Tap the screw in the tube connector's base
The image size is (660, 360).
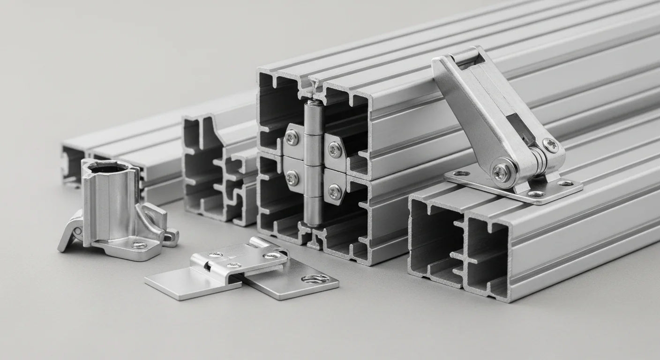point(139,245)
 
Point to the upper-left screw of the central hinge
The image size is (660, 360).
point(292,137)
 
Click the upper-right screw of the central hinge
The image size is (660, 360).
point(335,150)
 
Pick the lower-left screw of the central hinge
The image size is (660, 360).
point(292,178)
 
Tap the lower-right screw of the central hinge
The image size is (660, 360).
point(335,191)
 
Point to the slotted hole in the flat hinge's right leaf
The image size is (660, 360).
point(315,279)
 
